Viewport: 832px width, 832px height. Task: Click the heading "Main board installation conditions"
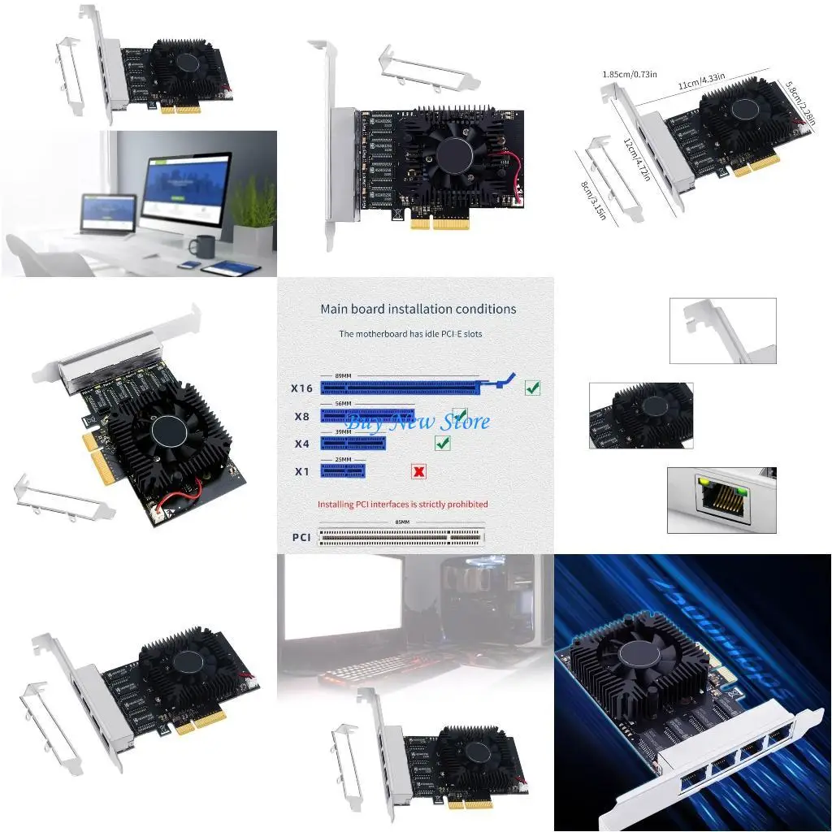click(418, 309)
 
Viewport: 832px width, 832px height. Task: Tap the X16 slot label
click(301, 388)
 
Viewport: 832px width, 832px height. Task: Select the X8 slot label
click(301, 417)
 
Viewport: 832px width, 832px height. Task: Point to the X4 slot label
click(301, 444)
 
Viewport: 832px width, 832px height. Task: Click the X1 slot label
click(301, 471)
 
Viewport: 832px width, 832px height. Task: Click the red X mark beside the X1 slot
click(418, 471)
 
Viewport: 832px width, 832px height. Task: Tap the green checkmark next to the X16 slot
click(532, 388)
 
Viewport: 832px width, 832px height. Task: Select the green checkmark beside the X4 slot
click(443, 443)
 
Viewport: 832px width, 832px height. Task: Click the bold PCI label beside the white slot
click(301, 537)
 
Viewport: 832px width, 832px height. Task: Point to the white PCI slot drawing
click(401, 536)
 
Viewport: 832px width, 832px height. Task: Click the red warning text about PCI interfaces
click(402, 505)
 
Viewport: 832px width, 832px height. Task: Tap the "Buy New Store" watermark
click(418, 422)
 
